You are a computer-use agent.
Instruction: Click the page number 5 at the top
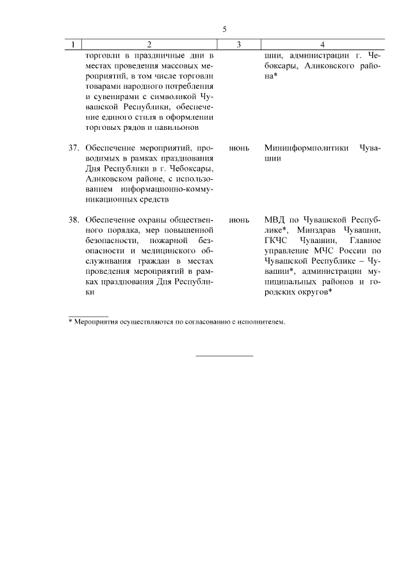[x=225, y=29]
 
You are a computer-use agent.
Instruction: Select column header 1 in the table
[x=74, y=45]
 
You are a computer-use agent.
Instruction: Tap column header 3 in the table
[x=238, y=45]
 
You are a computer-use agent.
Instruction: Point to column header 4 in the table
[x=322, y=45]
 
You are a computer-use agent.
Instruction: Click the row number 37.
[x=74, y=148]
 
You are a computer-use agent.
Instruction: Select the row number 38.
[x=74, y=219]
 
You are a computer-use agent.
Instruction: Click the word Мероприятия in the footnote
[x=96, y=322]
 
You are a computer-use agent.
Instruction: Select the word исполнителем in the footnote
[x=261, y=322]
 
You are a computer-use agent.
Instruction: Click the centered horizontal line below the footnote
[x=224, y=356]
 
